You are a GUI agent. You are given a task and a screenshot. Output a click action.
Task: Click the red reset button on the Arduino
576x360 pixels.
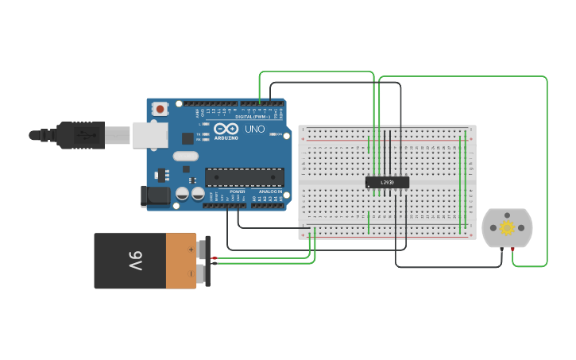(160, 108)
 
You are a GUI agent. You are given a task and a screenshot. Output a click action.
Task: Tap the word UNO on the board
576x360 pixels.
(254, 129)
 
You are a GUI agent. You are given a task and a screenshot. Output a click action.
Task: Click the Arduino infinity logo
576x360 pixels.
(226, 129)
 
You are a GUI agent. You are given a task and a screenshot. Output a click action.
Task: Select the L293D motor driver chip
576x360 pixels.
(387, 182)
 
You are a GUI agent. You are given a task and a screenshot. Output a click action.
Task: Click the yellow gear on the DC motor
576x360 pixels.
(507, 227)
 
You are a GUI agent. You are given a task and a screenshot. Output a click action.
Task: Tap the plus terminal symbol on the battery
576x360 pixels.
(191, 250)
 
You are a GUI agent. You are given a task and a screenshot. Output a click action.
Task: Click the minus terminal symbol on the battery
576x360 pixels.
(191, 273)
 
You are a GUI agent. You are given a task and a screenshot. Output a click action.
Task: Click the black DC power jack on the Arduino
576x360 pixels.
(157, 195)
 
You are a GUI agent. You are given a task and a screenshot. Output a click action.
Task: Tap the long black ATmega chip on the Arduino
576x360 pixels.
(244, 176)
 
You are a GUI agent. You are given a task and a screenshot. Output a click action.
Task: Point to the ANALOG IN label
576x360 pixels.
(269, 192)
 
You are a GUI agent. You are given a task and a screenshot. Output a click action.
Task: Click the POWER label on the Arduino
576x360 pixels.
(238, 192)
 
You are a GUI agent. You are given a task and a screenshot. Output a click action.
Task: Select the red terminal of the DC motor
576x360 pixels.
(512, 249)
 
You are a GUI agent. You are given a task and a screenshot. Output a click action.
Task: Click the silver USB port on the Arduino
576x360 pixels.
(150, 135)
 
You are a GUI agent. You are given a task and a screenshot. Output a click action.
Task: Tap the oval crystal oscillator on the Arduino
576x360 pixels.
(184, 157)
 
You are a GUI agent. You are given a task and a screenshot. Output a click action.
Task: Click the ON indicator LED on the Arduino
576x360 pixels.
(275, 135)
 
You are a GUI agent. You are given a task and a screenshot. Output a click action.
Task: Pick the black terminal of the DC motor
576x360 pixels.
(501, 249)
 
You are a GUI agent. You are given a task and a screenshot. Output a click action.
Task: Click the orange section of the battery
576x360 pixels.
(181, 261)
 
